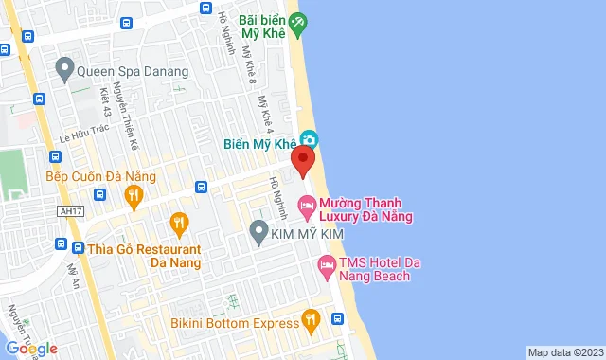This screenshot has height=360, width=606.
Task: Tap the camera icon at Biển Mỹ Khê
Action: pyautogui.click(x=309, y=139)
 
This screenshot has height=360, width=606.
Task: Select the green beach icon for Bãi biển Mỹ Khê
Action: pyautogui.click(x=298, y=21)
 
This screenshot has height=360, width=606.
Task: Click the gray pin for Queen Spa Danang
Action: pyautogui.click(x=64, y=67)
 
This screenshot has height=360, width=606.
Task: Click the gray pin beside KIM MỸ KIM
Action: pyautogui.click(x=258, y=230)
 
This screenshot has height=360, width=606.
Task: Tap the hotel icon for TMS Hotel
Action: pyautogui.click(x=326, y=269)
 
